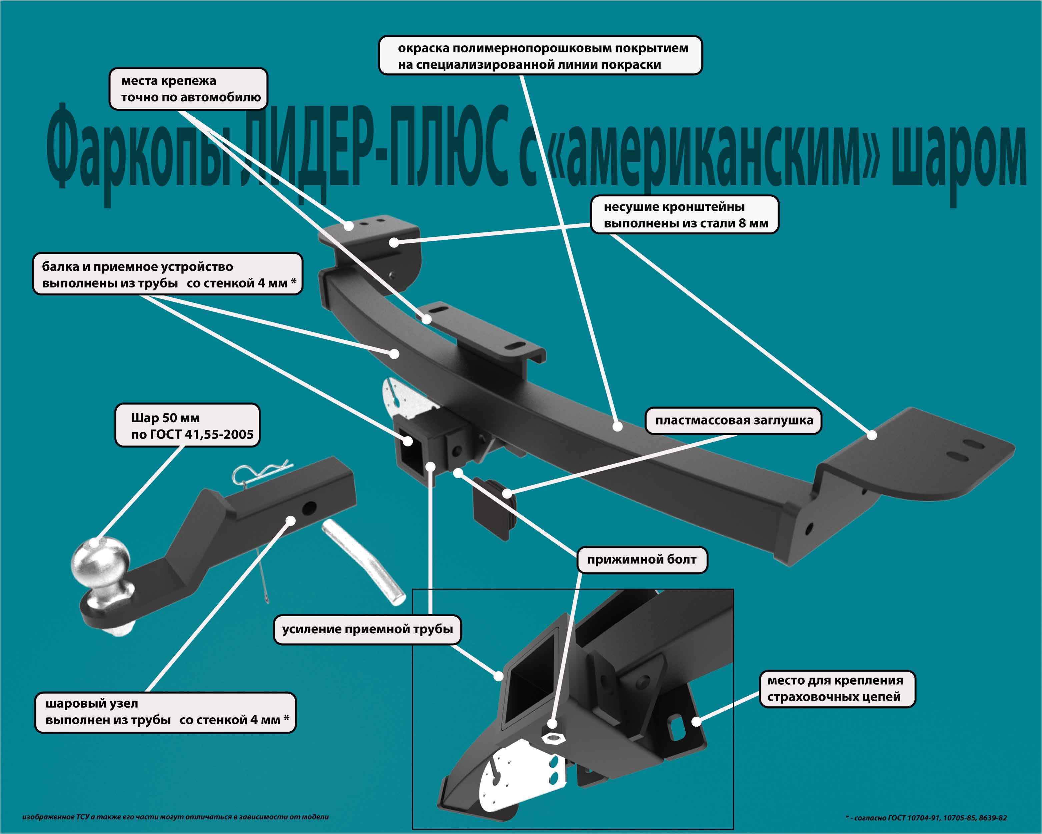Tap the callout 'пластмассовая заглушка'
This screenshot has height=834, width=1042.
(x=734, y=420)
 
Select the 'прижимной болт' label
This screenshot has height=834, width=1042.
(x=642, y=560)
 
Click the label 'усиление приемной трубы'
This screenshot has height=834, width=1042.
(x=367, y=629)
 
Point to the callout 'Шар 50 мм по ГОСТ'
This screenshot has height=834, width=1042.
(x=187, y=426)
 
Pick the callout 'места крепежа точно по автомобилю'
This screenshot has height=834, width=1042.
(x=188, y=89)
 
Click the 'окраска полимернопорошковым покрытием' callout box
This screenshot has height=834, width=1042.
(x=540, y=56)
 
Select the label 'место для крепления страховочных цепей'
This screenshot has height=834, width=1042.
(x=837, y=689)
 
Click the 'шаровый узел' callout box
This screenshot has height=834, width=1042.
(x=165, y=712)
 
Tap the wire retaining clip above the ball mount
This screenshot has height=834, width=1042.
(x=261, y=472)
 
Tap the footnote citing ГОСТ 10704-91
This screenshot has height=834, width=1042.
(x=926, y=818)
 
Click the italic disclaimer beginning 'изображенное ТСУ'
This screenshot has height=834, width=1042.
(x=175, y=817)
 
